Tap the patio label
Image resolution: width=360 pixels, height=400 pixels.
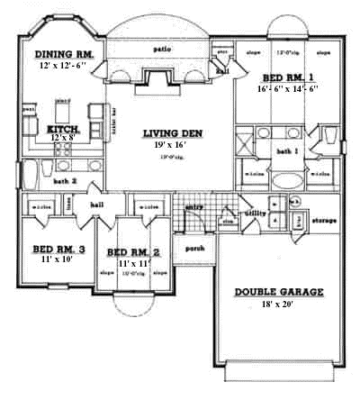click(x=162, y=49)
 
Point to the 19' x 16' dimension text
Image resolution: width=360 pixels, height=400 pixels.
click(x=169, y=146)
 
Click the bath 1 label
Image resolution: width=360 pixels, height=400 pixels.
click(x=288, y=152)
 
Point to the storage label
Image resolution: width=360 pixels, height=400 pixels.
click(x=323, y=220)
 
